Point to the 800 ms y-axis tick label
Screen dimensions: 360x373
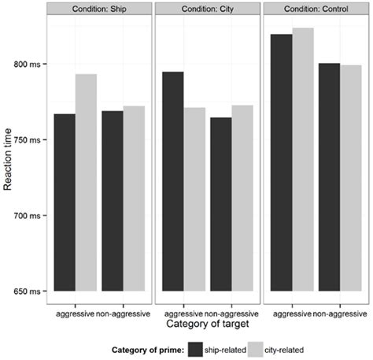pos(31,65)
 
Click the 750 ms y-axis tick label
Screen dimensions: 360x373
pos(31,140)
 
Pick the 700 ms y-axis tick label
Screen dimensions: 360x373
pos(31,216)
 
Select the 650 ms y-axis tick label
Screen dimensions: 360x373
pos(31,291)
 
